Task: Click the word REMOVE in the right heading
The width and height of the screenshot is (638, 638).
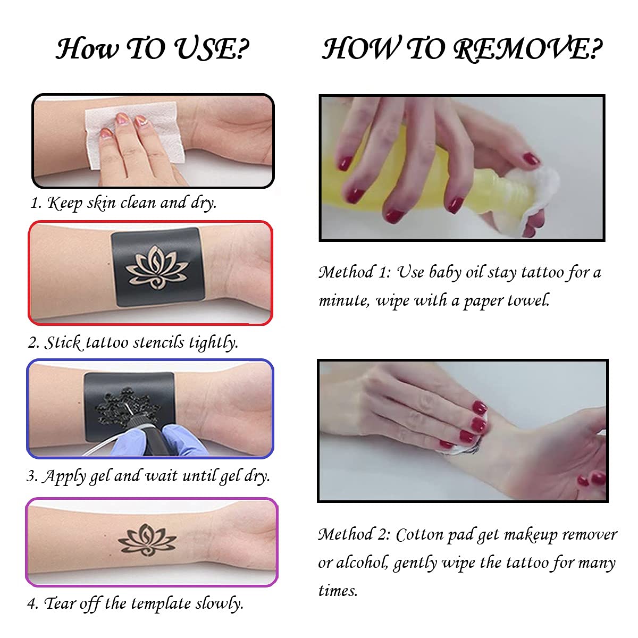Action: (x=526, y=49)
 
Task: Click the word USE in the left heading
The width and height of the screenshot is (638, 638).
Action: (x=209, y=49)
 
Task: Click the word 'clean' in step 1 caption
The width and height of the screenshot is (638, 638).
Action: (x=137, y=203)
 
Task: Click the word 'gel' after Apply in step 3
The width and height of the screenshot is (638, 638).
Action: (x=100, y=476)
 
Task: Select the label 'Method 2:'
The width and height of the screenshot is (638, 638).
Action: (x=354, y=534)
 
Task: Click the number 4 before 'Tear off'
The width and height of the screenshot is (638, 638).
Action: (x=31, y=604)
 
